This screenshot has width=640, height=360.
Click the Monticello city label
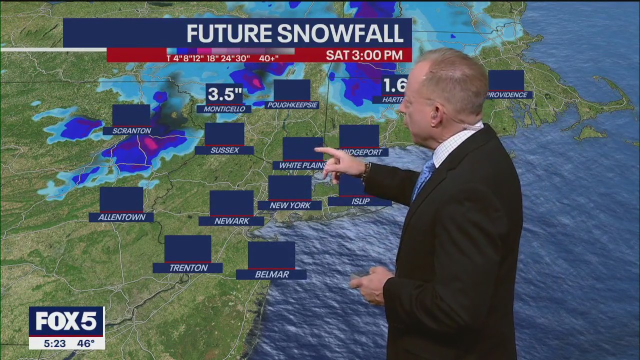(x=224, y=109)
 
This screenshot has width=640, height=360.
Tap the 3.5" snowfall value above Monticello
(x=224, y=94)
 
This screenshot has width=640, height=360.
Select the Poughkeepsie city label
(x=292, y=105)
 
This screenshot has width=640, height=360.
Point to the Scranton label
(x=131, y=131)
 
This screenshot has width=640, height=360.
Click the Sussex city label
(x=224, y=150)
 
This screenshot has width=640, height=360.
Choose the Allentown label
(x=121, y=217)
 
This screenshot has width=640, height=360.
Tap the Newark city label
(x=231, y=221)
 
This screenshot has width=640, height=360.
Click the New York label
(x=290, y=205)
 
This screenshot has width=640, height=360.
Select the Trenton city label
(x=188, y=268)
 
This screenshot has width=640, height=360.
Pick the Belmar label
(x=271, y=274)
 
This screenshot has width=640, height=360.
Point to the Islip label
(x=360, y=201)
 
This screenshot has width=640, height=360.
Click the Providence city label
(x=507, y=95)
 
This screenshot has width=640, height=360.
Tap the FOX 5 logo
(x=66, y=321)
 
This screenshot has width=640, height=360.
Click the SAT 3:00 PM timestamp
(x=364, y=55)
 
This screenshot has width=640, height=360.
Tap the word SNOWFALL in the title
(x=340, y=33)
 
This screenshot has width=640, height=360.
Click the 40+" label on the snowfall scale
(x=268, y=58)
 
